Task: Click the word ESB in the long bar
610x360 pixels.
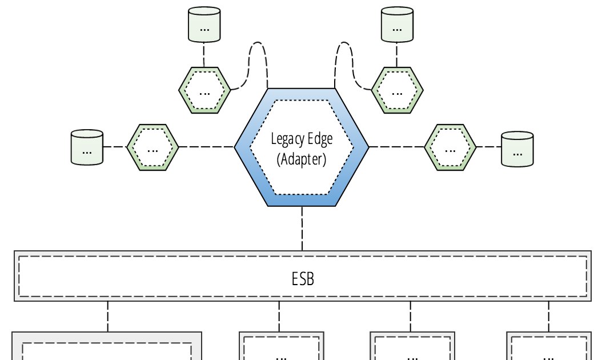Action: point(302,279)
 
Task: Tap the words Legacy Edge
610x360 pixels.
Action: point(302,140)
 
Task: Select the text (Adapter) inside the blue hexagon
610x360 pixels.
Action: point(302,159)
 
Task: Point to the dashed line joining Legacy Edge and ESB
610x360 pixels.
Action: point(302,228)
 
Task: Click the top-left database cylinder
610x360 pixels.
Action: point(204,24)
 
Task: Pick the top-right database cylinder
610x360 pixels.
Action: point(397,24)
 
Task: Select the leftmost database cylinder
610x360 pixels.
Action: point(87,148)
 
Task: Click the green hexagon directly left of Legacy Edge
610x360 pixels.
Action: point(152,147)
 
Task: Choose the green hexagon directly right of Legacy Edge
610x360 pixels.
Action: point(450,147)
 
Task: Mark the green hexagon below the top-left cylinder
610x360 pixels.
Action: point(204,90)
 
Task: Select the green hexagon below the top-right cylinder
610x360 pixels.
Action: point(398,90)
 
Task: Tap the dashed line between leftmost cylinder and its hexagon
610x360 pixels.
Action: point(115,147)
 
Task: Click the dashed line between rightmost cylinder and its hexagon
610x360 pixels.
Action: point(488,147)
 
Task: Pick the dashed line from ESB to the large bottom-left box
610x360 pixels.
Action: point(107,316)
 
